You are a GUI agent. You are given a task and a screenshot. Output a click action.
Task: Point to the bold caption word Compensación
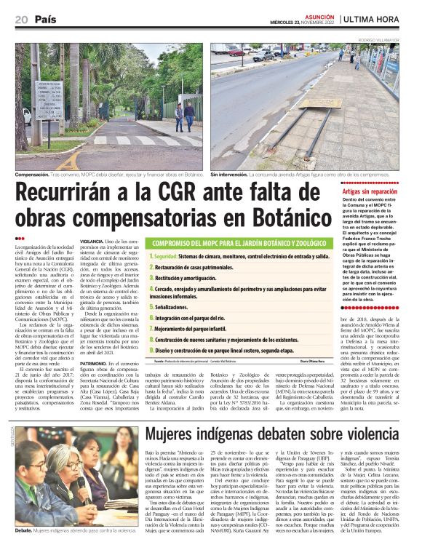click(x=34, y=175)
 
